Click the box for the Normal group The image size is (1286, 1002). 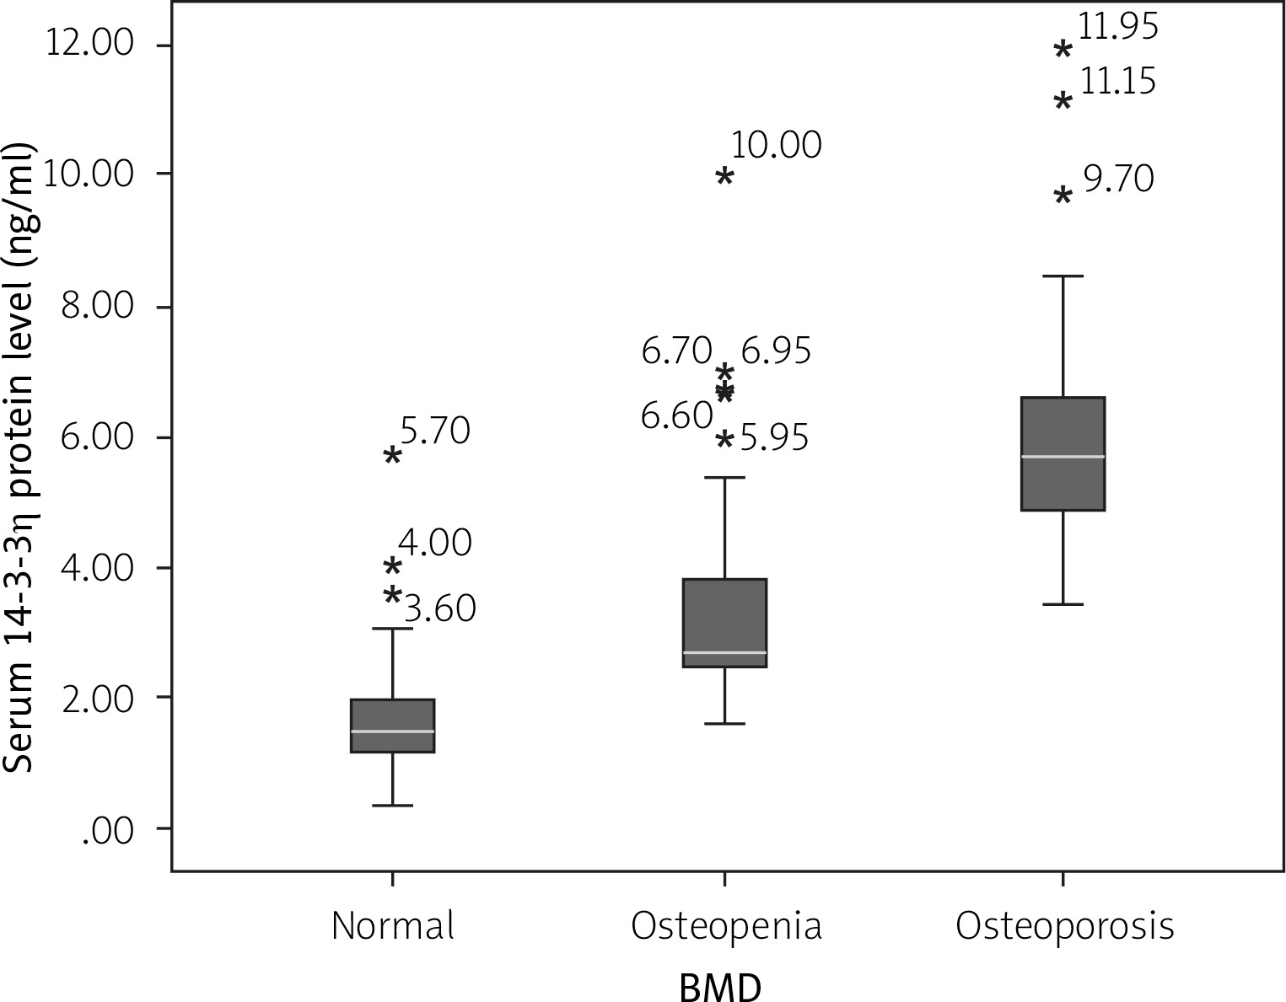392,725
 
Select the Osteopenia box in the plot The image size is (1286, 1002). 724,623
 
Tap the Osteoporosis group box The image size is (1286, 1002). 1063,453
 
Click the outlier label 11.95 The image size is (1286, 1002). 1118,27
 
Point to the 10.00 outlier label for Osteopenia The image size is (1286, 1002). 775,146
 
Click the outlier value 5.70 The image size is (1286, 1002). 434,431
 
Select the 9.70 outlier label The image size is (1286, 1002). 1118,180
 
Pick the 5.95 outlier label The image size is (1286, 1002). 774,438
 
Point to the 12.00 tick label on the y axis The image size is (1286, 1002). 90,44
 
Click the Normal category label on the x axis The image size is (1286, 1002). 393,925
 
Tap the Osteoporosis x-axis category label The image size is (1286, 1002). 1064,925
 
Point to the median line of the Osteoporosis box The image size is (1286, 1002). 1063,456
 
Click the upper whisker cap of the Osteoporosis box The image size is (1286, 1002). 1063,276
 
